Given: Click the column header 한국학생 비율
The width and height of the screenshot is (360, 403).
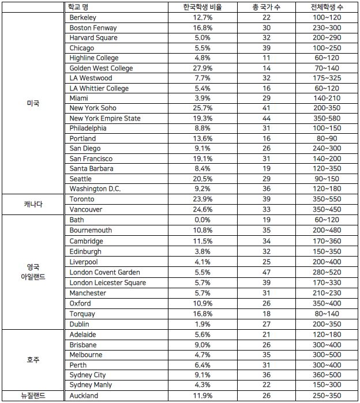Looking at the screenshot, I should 205,7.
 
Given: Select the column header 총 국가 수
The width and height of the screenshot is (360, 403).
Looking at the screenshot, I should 267,7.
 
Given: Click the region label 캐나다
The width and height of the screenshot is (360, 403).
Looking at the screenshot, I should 33,204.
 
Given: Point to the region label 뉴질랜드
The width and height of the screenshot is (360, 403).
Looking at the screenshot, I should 33,396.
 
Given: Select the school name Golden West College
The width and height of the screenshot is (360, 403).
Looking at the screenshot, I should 101,68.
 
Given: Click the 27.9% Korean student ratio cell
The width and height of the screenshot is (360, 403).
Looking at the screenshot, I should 205,68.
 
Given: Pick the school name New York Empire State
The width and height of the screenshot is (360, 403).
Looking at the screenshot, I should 105,118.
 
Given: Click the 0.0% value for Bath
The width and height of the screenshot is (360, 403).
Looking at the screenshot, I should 205,220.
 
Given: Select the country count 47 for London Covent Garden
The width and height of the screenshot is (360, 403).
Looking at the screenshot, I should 267,272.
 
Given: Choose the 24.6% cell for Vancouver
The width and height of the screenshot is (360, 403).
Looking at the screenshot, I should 205,209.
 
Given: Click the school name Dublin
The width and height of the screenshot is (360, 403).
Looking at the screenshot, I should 79,324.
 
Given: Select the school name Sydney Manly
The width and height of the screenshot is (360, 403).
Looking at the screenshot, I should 91,385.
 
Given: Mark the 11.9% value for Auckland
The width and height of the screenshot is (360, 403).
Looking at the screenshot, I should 205,396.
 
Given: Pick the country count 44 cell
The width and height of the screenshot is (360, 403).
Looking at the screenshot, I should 267,118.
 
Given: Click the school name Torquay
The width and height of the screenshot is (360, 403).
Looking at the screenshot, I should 82,314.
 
